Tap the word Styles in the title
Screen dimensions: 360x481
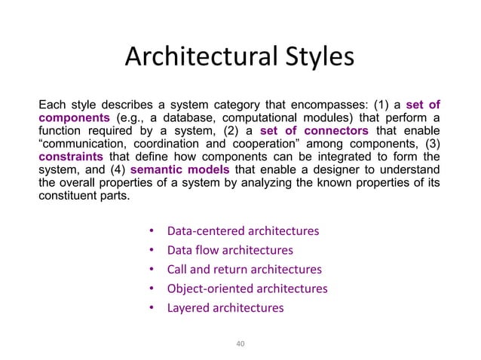pyautogui.click(x=317, y=58)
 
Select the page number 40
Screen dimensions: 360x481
pyautogui.click(x=240, y=343)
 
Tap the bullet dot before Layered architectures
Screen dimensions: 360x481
pyautogui.click(x=151, y=308)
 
